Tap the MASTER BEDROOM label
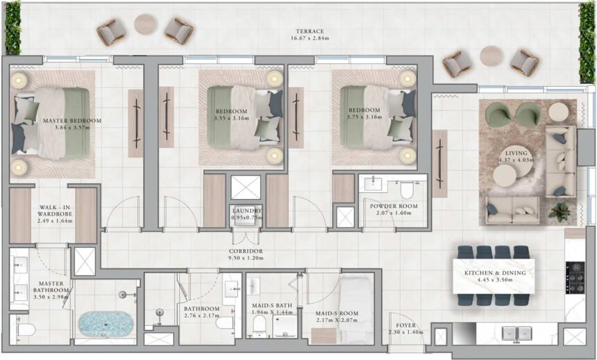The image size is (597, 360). (x=72, y=121)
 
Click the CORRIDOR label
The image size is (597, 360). (x=247, y=251)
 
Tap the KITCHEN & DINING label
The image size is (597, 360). (x=494, y=273)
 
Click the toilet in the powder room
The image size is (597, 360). (x=408, y=190)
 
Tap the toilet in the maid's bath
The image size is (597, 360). (x=260, y=323)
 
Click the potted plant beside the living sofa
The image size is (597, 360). (x=559, y=209)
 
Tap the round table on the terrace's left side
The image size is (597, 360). (x=146, y=24)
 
